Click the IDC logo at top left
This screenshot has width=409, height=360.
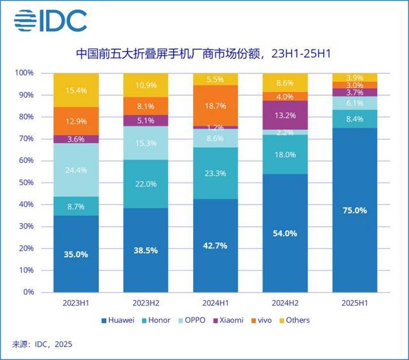(50, 21)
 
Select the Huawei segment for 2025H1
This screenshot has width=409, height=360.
(354, 211)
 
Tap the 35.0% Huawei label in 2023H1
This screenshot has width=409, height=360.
(76, 253)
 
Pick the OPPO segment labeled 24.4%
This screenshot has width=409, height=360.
(76, 170)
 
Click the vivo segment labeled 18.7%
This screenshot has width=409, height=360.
(215, 106)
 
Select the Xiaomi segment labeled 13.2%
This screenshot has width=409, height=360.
(285, 116)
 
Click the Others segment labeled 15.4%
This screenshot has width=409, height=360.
(76, 90)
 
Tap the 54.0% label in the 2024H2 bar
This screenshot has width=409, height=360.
(285, 233)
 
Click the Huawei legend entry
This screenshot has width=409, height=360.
(118, 320)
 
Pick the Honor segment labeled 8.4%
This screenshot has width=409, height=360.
(354, 119)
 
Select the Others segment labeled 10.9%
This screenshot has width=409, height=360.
(146, 85)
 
